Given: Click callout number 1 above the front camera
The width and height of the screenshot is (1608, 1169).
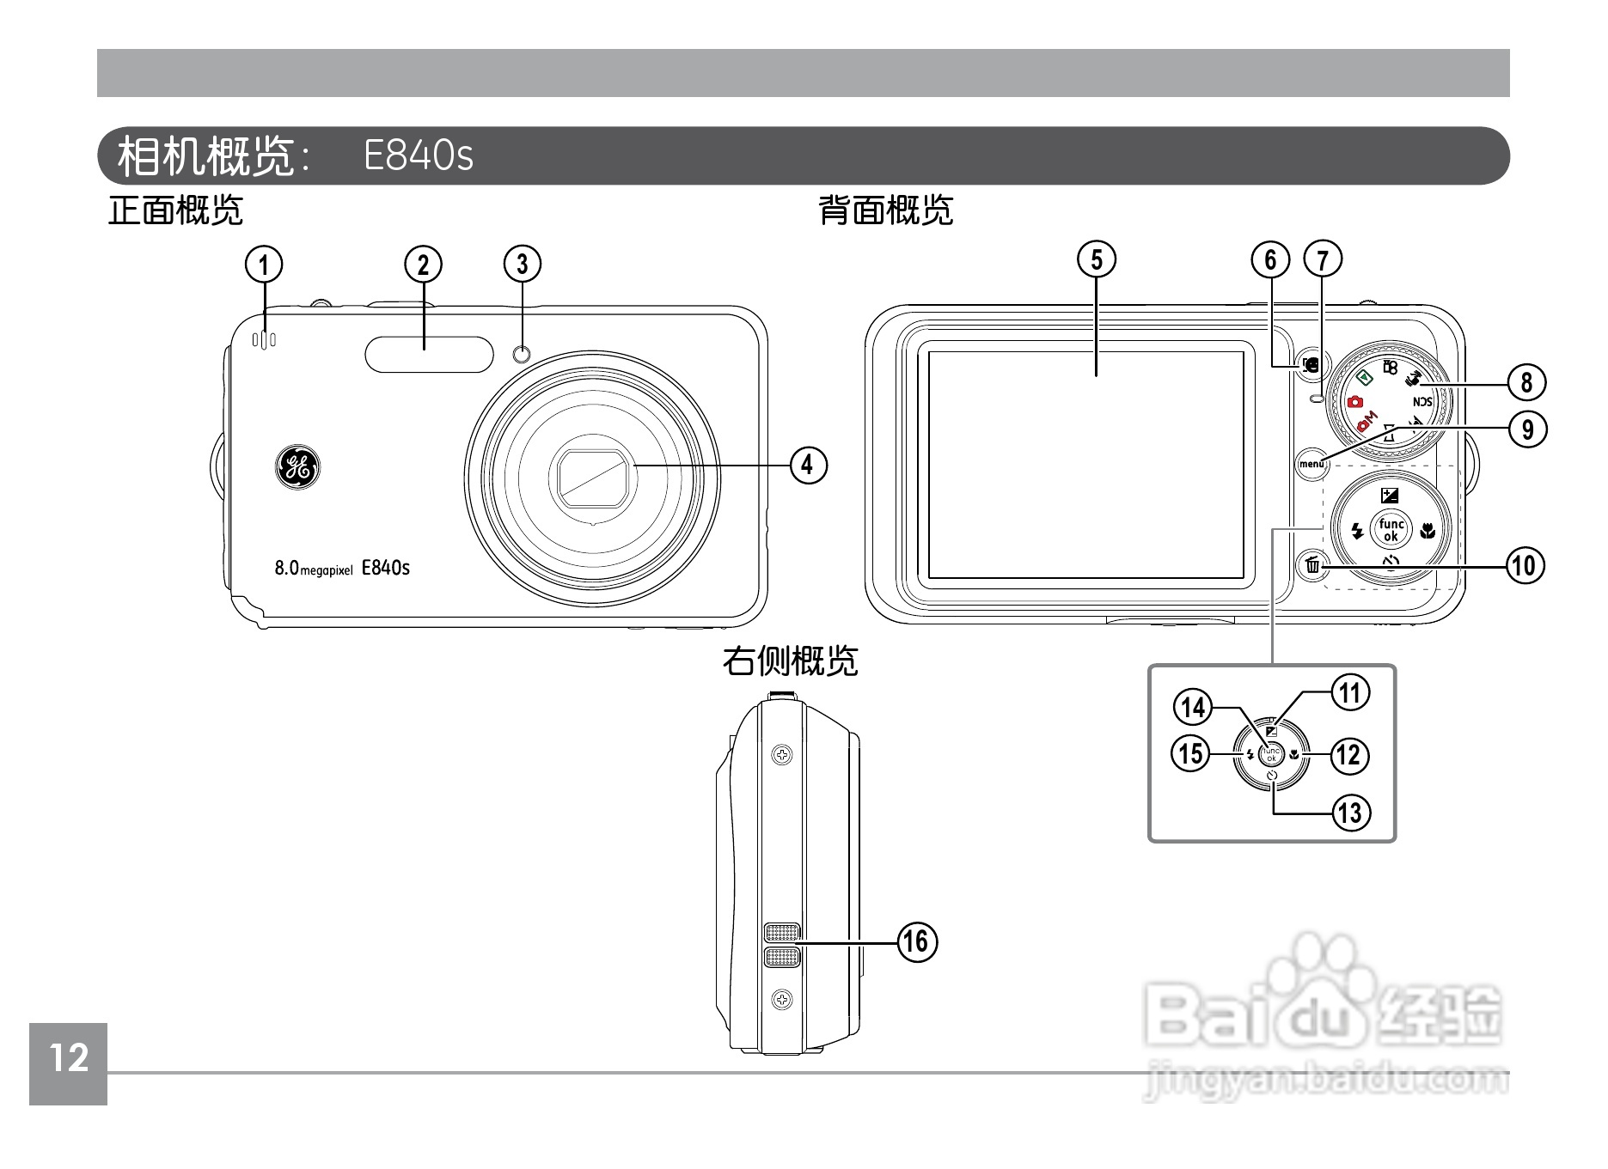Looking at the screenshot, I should pos(264,265).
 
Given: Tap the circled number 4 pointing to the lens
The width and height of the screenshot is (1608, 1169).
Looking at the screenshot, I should pos(807,465).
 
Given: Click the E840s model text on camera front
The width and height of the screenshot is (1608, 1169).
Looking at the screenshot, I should pos(386,567).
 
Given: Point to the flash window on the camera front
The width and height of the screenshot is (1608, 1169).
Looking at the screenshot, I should pos(429,354).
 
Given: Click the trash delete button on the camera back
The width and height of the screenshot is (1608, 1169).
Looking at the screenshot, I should pos(1312,566).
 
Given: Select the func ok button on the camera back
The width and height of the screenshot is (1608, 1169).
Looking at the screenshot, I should pos(1391,530).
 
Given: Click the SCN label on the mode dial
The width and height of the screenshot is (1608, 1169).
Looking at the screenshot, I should pos(1422,401).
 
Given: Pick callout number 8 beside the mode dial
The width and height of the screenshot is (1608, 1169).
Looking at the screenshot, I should pos(1526,381).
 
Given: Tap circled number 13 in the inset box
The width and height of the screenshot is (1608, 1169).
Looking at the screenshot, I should pos(1350,812).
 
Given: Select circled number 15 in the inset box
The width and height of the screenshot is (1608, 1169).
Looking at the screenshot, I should pos(1190,754).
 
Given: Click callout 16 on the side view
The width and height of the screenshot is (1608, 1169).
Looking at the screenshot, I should pos(917,941).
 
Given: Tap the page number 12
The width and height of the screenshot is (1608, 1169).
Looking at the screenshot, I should pos(69,1058).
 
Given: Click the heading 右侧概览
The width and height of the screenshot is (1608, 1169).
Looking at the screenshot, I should pos(789,661).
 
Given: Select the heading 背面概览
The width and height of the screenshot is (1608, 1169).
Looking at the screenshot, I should pos(885,210).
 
